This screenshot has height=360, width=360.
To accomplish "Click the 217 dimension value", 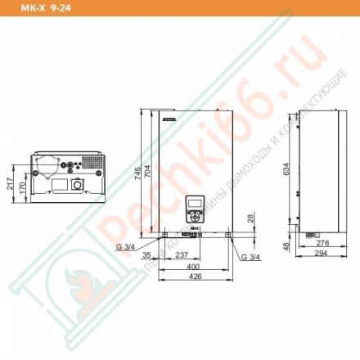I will [10, 185].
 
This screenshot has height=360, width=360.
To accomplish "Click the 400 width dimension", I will [192, 267].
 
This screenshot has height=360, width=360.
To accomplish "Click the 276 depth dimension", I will [322, 243].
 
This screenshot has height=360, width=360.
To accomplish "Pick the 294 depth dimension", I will [322, 254].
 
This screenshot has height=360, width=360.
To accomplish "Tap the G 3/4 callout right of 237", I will [250, 258].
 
